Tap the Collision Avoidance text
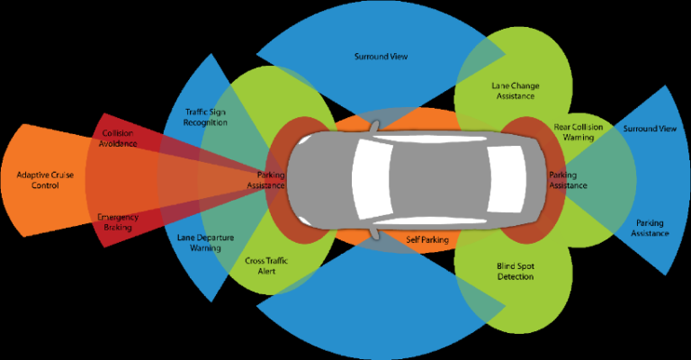[x=120, y=139]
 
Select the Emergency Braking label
[x=117, y=222]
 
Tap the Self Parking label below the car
[x=426, y=239]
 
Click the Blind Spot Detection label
[x=516, y=272]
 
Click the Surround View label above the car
[x=381, y=56]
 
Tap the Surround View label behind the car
[x=649, y=129]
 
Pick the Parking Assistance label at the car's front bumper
[x=271, y=179]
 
